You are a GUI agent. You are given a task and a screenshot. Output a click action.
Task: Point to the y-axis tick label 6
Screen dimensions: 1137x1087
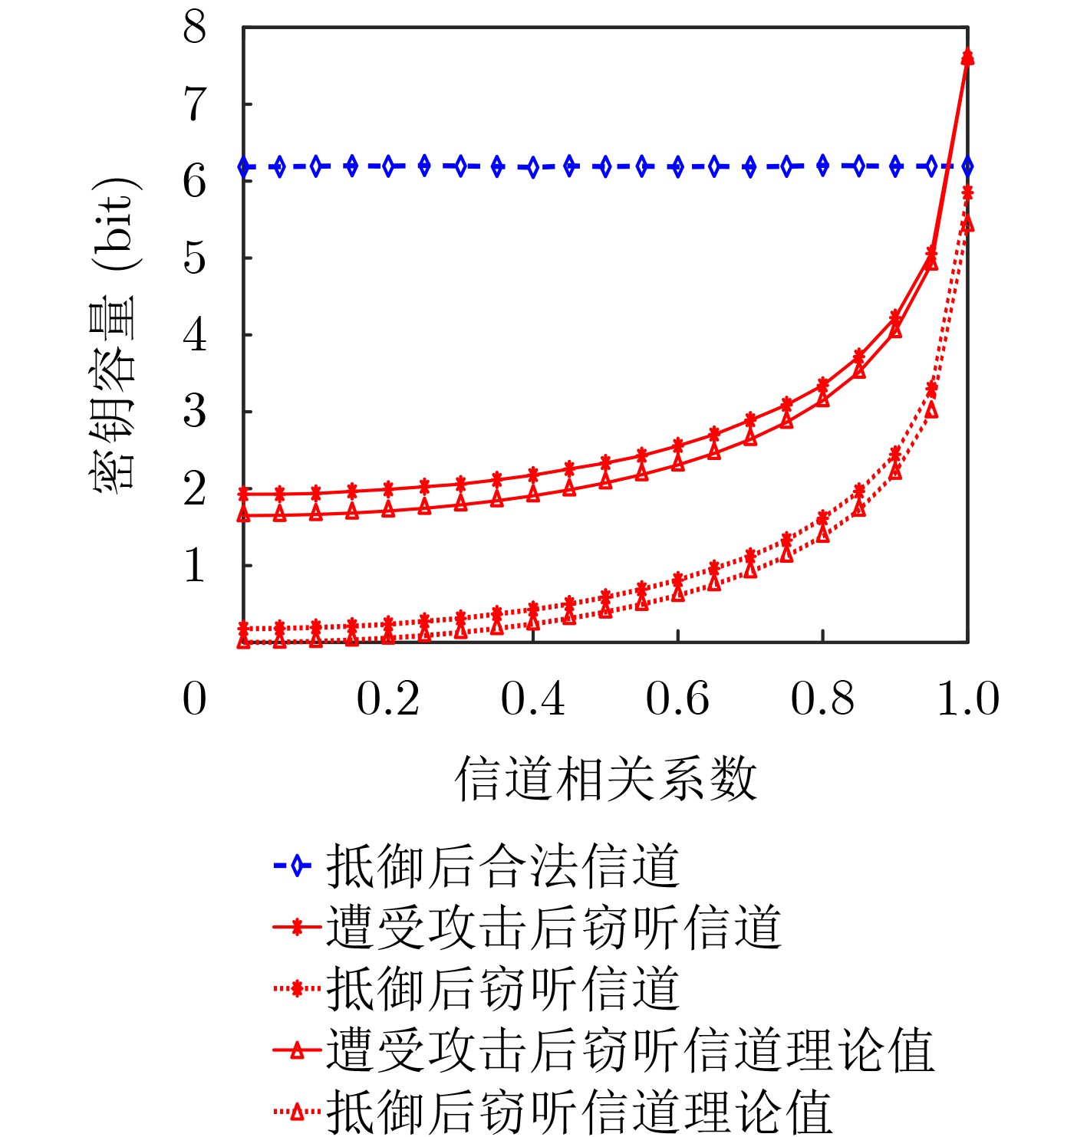point(195,182)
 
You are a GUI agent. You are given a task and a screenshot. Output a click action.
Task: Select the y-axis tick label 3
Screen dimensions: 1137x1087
point(195,412)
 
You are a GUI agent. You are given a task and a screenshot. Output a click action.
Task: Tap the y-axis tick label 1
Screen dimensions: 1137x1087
point(195,567)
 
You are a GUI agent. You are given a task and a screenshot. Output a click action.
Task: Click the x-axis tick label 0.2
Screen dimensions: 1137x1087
point(388,698)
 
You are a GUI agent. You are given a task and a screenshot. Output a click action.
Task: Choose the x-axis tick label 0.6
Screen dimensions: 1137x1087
point(677,698)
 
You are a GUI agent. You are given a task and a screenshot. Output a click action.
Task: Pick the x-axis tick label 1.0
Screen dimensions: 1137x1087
point(968,698)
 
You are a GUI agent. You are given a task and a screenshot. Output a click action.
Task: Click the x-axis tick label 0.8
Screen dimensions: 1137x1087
point(822,698)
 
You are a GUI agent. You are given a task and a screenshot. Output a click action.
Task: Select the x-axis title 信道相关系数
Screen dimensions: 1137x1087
point(606,779)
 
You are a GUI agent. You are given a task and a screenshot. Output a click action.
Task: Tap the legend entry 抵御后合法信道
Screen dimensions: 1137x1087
point(503,866)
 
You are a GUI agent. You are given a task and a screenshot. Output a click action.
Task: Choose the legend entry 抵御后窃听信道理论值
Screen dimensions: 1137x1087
point(580,1111)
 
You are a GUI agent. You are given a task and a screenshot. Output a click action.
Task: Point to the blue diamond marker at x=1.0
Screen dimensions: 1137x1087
point(967,166)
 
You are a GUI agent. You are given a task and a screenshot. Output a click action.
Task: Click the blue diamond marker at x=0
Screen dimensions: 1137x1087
point(245,166)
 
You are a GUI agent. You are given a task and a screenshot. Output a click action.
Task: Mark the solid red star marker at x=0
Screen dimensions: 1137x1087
point(244,494)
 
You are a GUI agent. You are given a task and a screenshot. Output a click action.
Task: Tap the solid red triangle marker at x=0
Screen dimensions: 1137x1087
point(244,514)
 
